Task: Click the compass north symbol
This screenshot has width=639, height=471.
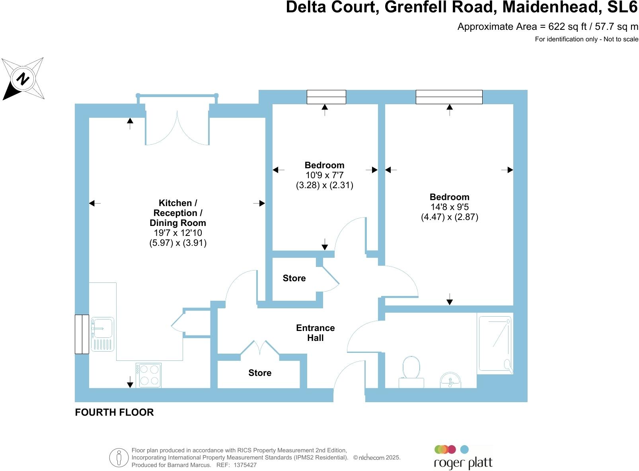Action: coord(23,79)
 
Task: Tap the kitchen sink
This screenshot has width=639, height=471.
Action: coord(102,333)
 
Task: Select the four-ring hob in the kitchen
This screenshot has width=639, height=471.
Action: coord(148,375)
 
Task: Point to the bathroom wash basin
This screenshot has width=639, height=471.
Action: coord(450,380)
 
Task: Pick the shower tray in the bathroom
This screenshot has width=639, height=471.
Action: coord(495,344)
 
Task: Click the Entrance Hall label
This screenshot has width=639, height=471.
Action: coord(315,333)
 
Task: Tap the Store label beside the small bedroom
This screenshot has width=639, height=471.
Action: coord(294,278)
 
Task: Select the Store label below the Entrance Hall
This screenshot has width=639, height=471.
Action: coord(260,373)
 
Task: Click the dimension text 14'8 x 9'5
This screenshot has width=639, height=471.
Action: coord(449,207)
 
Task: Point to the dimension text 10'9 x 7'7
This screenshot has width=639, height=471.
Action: coord(324,175)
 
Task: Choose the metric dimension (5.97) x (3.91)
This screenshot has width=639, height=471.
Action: coord(178,243)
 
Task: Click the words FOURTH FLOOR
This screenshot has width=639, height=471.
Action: coord(114,413)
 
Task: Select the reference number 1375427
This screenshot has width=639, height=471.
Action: coord(245,465)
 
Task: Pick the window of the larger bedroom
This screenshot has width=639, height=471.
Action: coord(449,97)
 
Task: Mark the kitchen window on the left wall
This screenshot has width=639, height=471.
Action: coord(82,334)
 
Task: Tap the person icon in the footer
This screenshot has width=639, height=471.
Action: coord(119,457)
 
